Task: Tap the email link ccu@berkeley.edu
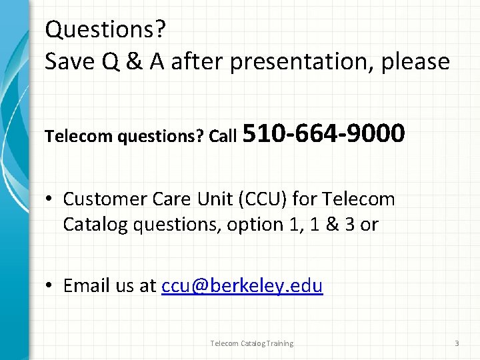point(242,286)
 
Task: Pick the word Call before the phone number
point(223,137)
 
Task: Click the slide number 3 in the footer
point(457,343)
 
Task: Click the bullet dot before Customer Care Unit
point(51,199)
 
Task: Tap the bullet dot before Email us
point(51,286)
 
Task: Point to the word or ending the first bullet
point(369,225)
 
